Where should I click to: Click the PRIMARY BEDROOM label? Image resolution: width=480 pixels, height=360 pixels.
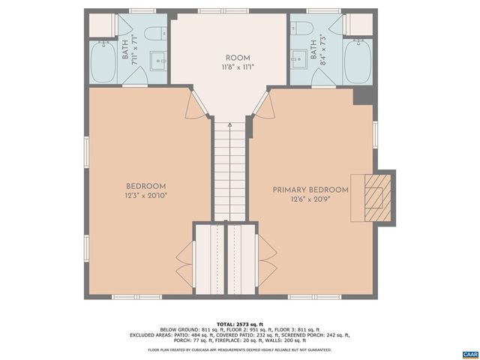coord(310,190)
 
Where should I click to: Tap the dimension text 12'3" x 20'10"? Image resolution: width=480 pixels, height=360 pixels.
coord(145,196)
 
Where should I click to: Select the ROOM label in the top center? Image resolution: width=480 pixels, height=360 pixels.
coord(238,58)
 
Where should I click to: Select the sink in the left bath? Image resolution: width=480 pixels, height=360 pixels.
coord(159,58)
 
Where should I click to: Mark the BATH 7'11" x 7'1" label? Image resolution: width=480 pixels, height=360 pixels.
coord(130,49)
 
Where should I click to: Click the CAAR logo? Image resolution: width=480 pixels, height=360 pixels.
coord(469,352)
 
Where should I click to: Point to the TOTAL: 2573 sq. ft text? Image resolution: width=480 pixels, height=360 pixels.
coord(239,324)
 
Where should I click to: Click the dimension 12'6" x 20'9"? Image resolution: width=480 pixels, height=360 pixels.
coord(310,199)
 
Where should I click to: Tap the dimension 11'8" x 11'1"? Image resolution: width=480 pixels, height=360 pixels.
coord(238,67)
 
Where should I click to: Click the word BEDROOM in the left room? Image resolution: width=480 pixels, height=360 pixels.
coord(145,186)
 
